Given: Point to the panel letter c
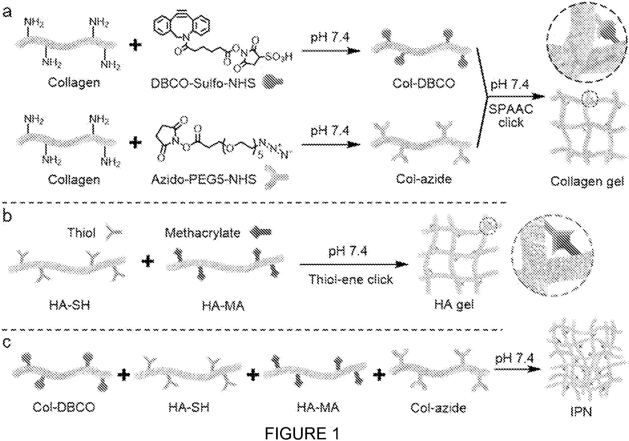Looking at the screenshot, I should pos(7,343).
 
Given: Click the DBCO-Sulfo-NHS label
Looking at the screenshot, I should pos(203,83).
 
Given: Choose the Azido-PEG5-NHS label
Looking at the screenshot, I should pos(204,180).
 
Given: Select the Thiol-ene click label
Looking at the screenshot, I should pos(351,280).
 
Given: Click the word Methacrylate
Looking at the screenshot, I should pos(203,233).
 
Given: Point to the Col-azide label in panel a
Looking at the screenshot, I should pos(424,179).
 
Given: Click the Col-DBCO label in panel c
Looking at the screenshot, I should pos(64,407).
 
